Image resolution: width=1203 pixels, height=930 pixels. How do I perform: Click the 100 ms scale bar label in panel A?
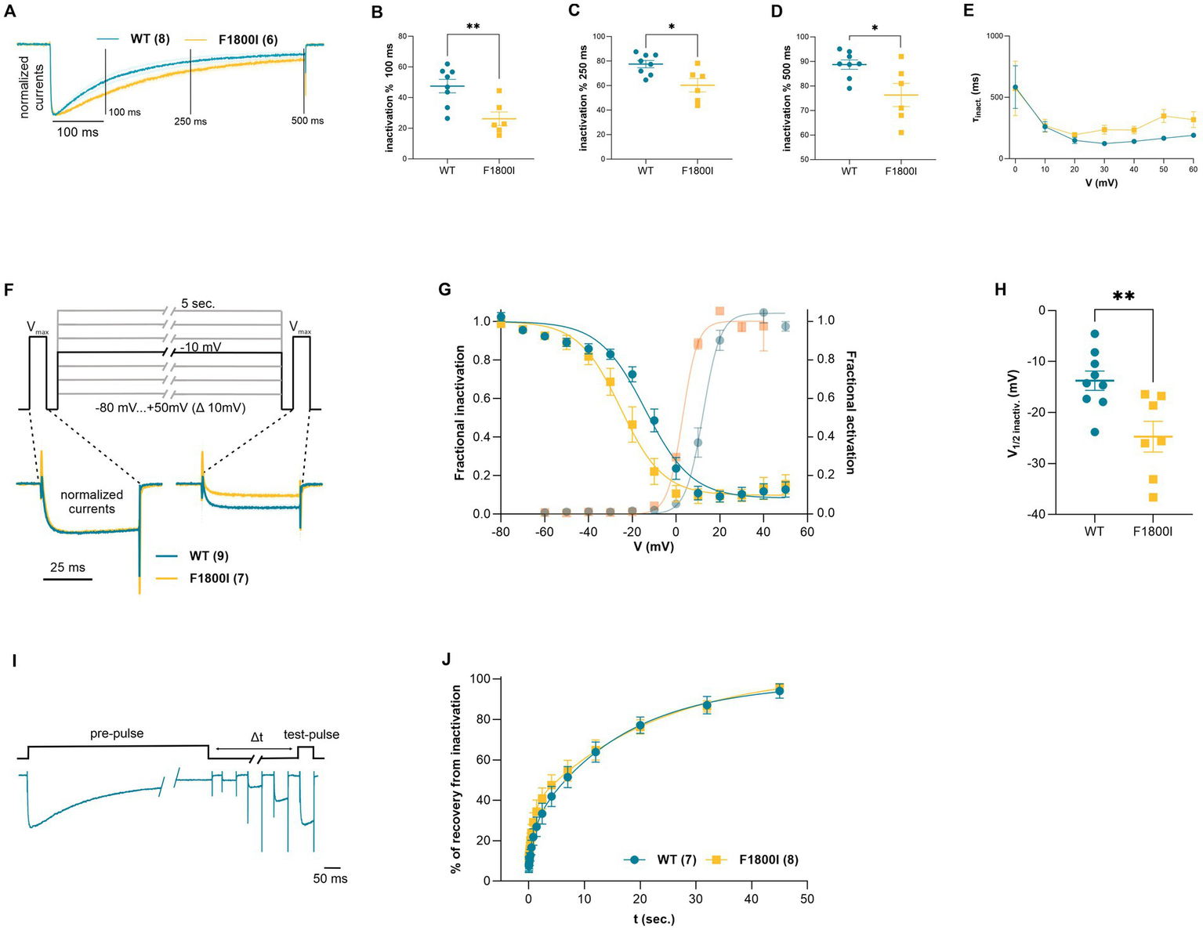[78, 132]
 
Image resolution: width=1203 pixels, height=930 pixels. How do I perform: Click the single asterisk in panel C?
[671, 27]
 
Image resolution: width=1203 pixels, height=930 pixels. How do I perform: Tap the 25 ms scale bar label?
[67, 567]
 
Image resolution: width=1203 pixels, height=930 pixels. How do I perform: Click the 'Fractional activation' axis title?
[850, 412]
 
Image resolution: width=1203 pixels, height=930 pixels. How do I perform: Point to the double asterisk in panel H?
[1123, 298]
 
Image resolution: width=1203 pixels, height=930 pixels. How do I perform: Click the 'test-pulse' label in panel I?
[311, 734]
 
